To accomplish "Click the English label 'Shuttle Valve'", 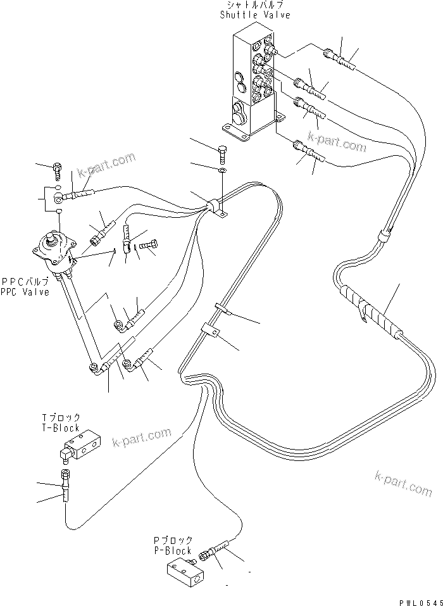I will pos(255,15).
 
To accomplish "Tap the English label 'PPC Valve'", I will pos(25,293).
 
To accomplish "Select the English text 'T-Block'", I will pos(62,428).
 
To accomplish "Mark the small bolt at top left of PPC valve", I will pos(58,168).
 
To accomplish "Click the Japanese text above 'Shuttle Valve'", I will pos(255,6).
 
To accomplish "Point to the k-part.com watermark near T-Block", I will pos(142,436).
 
